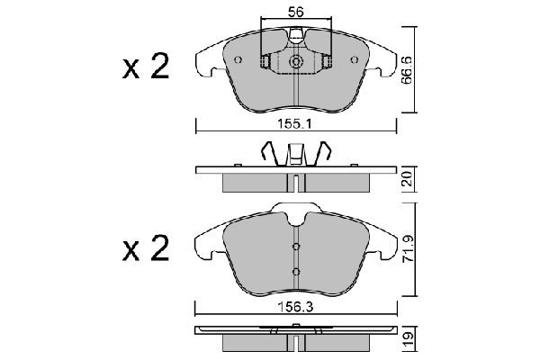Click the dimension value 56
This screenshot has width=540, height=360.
(295, 12)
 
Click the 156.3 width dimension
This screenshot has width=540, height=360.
(295, 306)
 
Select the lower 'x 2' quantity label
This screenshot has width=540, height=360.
(146, 249)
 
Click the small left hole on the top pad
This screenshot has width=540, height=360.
(238, 60)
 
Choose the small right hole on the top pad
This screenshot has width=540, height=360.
(352, 60)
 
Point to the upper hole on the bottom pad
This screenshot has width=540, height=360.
(295, 248)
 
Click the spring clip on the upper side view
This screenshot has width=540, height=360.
(295, 155)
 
